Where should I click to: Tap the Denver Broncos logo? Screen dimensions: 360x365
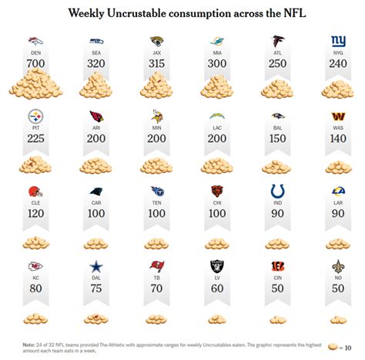[36, 41]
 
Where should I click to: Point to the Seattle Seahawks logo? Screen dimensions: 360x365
[96, 41]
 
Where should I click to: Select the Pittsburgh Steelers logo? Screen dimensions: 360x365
[36, 116]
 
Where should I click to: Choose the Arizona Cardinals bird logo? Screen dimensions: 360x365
[96, 116]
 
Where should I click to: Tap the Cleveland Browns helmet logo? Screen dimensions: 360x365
[36, 191]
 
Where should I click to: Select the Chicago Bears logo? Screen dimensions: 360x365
[216, 191]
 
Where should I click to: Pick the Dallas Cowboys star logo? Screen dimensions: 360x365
[96, 265]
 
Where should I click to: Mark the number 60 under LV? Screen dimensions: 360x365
[216, 289]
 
